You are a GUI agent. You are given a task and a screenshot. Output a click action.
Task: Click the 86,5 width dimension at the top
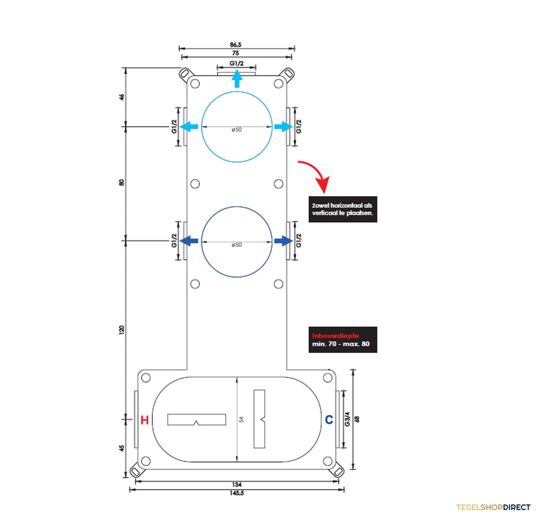[235, 44]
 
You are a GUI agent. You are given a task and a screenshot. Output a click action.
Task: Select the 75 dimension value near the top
[235, 53]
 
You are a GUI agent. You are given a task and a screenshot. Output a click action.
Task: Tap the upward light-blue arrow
[237, 78]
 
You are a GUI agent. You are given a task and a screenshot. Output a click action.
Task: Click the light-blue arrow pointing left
[189, 126]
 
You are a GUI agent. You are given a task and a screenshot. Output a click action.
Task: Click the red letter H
[145, 420]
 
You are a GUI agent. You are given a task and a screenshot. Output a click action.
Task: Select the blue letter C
[329, 420]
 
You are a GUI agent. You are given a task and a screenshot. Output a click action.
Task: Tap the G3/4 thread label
[347, 419]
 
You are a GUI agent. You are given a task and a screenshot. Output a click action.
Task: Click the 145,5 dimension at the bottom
[237, 493]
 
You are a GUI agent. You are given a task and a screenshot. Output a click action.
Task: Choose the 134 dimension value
[237, 484]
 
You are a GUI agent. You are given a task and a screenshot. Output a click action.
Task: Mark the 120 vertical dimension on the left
[121, 329]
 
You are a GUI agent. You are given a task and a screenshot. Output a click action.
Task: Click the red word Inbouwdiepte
[335, 336]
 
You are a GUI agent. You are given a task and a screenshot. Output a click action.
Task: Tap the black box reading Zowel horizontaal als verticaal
[343, 209]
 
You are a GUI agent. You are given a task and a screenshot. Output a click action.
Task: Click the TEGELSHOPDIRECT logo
[493, 507]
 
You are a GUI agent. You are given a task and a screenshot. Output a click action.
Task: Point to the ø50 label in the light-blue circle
[237, 130]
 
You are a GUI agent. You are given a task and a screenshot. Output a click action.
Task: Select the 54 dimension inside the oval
[242, 420]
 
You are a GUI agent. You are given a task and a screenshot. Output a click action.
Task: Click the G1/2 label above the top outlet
[237, 63]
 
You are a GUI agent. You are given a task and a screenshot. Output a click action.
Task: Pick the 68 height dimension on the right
[357, 419]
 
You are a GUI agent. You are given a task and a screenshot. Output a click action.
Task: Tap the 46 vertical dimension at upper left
[121, 97]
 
